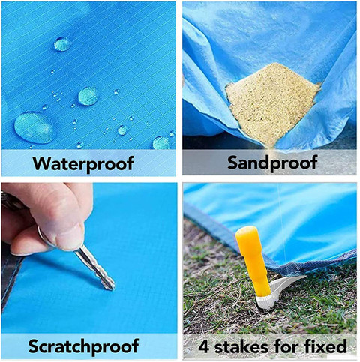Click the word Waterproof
click(x=83, y=164)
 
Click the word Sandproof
click(x=272, y=163)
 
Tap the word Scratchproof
click(x=83, y=347)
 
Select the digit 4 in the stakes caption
click(x=204, y=347)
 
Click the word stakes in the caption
click(x=241, y=346)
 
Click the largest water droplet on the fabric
click(x=34, y=127)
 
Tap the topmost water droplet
click(x=62, y=44)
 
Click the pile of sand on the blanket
click(x=271, y=103)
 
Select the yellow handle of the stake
click(x=253, y=261)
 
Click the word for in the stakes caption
click(x=286, y=346)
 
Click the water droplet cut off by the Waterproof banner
click(x=161, y=143)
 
